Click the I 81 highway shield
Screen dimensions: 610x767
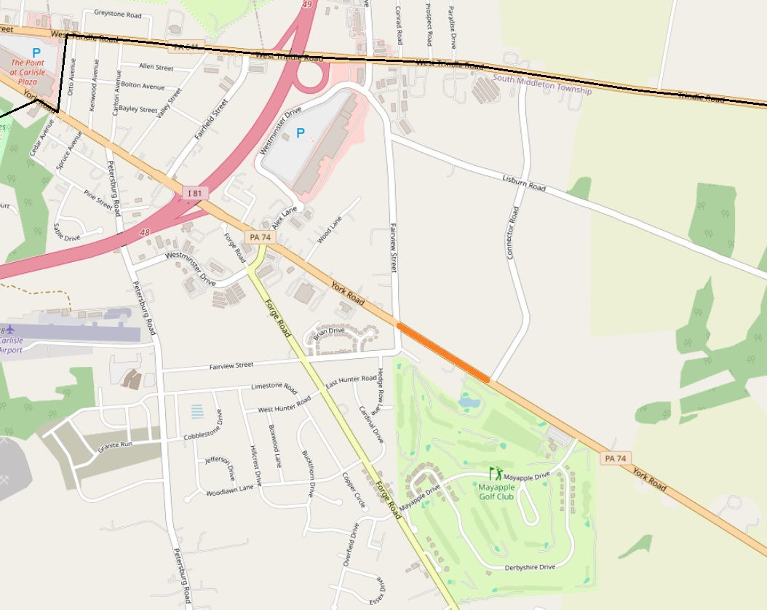195,193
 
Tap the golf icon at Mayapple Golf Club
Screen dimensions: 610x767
496,473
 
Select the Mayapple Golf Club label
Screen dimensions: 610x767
496,491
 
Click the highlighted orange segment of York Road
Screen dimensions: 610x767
443,352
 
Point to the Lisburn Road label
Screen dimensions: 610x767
524,183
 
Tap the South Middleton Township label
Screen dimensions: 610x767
542,84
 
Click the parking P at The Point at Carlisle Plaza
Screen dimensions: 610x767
36,52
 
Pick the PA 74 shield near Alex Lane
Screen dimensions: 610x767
260,237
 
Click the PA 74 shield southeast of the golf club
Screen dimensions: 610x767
615,458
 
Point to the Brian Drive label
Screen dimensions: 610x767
329,331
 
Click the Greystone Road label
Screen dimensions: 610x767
117,14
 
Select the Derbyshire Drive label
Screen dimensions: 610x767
530,567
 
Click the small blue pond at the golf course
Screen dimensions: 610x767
469,401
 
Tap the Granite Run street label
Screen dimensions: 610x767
115,445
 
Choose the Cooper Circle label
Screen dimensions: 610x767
355,491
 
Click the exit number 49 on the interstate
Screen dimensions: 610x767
306,4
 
